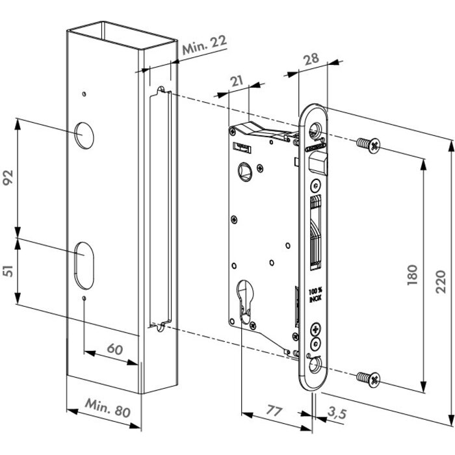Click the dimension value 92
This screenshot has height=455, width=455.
pos(8,177)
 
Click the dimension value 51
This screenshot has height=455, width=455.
pos(8,270)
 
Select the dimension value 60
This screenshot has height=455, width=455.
pos(114,349)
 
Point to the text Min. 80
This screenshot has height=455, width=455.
pos(107,411)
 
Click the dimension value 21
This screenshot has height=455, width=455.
pos(237,81)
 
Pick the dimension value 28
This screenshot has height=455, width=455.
pos(311,59)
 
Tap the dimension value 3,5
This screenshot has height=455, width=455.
pos(337,412)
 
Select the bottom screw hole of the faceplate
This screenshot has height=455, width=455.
pos(317,366)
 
